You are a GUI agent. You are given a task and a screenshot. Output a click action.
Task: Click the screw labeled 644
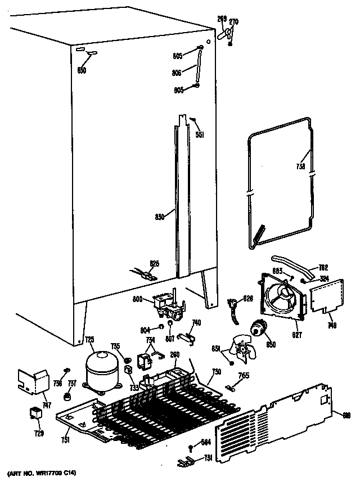coord(191,448)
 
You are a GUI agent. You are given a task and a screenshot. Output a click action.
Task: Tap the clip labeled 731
coord(183,462)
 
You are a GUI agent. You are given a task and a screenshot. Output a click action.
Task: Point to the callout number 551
coord(199,134)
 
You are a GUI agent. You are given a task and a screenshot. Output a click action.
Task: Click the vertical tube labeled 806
coord(198,66)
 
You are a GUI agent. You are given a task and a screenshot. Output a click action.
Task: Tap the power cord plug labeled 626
coord(232,308)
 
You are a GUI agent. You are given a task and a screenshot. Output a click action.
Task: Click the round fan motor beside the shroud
coord(260,327)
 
